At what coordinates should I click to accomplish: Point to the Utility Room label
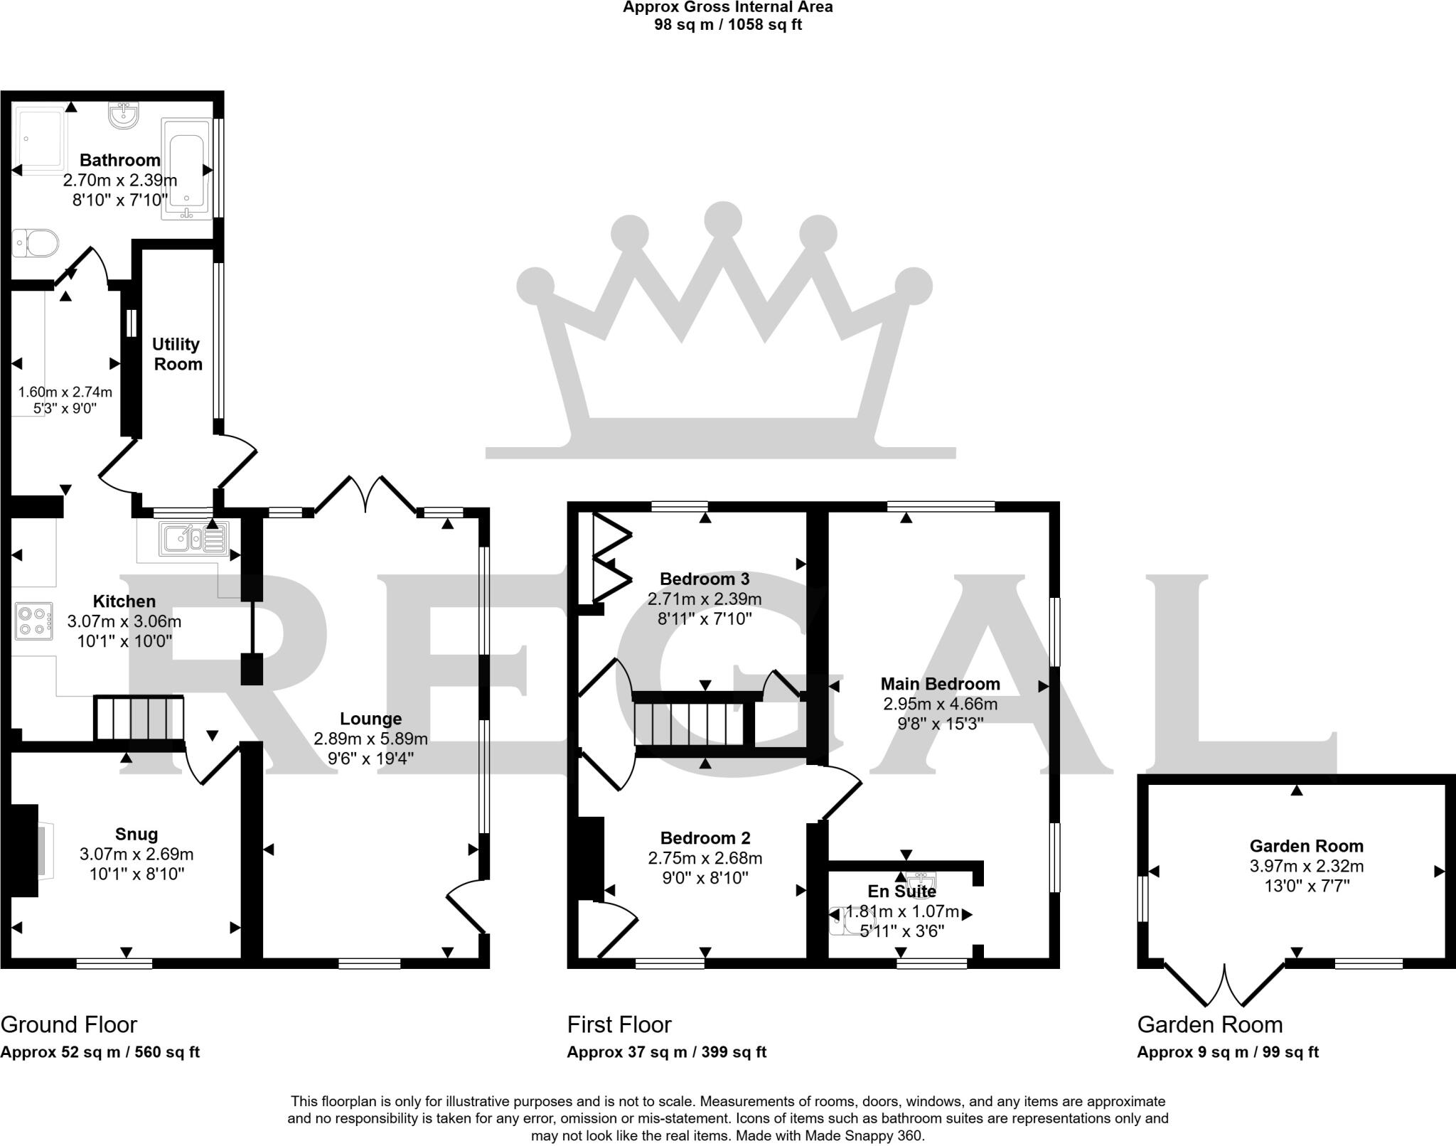(x=177, y=354)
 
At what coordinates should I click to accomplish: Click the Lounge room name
(x=370, y=719)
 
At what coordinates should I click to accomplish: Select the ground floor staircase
(x=139, y=718)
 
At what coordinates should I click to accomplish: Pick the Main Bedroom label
(x=940, y=684)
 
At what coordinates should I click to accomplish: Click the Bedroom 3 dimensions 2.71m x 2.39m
(x=704, y=599)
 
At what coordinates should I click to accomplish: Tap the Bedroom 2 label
(x=705, y=838)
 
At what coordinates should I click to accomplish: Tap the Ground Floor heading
(x=69, y=1024)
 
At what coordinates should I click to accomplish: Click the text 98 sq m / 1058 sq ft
(x=727, y=25)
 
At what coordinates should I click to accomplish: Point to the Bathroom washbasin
(x=126, y=115)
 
